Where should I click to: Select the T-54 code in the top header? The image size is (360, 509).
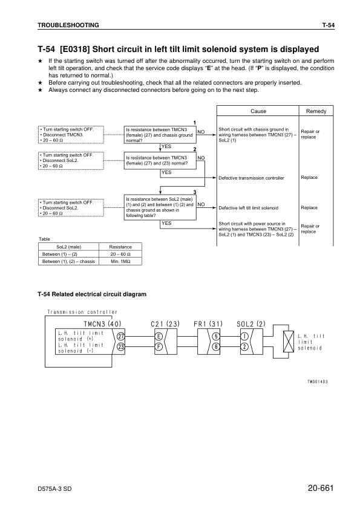point(328,25)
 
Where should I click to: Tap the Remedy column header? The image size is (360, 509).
point(316,111)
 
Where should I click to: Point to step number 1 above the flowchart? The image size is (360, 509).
point(194,123)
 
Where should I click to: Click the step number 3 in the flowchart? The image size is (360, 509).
point(194,192)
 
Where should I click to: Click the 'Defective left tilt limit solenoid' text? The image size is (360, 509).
point(248,208)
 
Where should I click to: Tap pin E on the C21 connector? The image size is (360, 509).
point(159,336)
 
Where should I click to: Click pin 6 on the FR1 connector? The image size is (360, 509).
point(216,347)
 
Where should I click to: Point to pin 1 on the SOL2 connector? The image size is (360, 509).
point(244,336)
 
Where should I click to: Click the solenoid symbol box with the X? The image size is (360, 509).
point(284,342)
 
